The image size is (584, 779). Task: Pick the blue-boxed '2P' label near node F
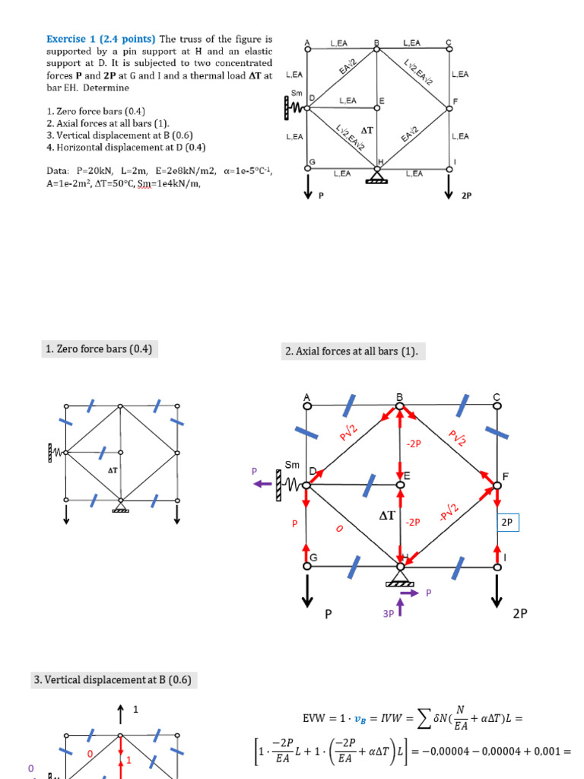coord(507,523)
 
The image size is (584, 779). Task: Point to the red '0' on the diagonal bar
coord(339,528)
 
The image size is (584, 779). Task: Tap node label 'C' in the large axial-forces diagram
coord(497,397)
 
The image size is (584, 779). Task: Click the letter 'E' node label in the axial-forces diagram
coord(407,475)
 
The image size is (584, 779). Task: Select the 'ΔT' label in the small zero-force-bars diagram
coord(113,470)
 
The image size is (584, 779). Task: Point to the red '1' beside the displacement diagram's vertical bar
coord(129,759)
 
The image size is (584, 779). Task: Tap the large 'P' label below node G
coord(329,613)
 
